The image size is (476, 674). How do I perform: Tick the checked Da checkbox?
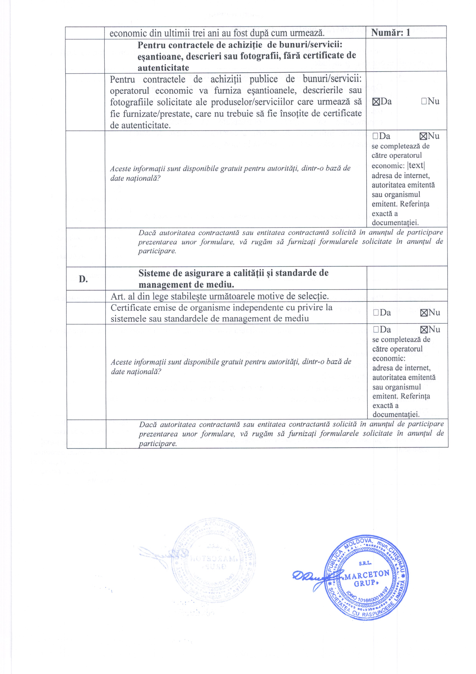point(376,102)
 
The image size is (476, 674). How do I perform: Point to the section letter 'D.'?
point(83,279)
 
